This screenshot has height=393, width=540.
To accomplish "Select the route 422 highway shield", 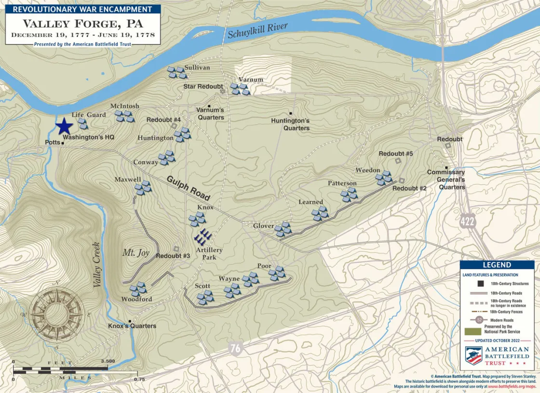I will click(467, 222).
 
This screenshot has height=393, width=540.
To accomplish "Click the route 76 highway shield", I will click(235, 349).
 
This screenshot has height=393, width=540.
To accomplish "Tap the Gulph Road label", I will click(189, 188).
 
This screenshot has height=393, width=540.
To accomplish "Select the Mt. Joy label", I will click(135, 253).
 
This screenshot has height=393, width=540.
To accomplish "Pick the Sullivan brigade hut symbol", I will click(176, 73).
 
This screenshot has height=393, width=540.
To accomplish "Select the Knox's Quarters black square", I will click(130, 321).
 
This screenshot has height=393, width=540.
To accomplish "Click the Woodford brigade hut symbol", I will click(138, 288).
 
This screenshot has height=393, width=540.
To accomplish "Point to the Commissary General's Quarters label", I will click(446, 179).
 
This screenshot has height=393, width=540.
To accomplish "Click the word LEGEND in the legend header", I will click(497, 265).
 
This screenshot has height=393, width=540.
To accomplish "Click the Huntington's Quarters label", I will click(290, 124).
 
